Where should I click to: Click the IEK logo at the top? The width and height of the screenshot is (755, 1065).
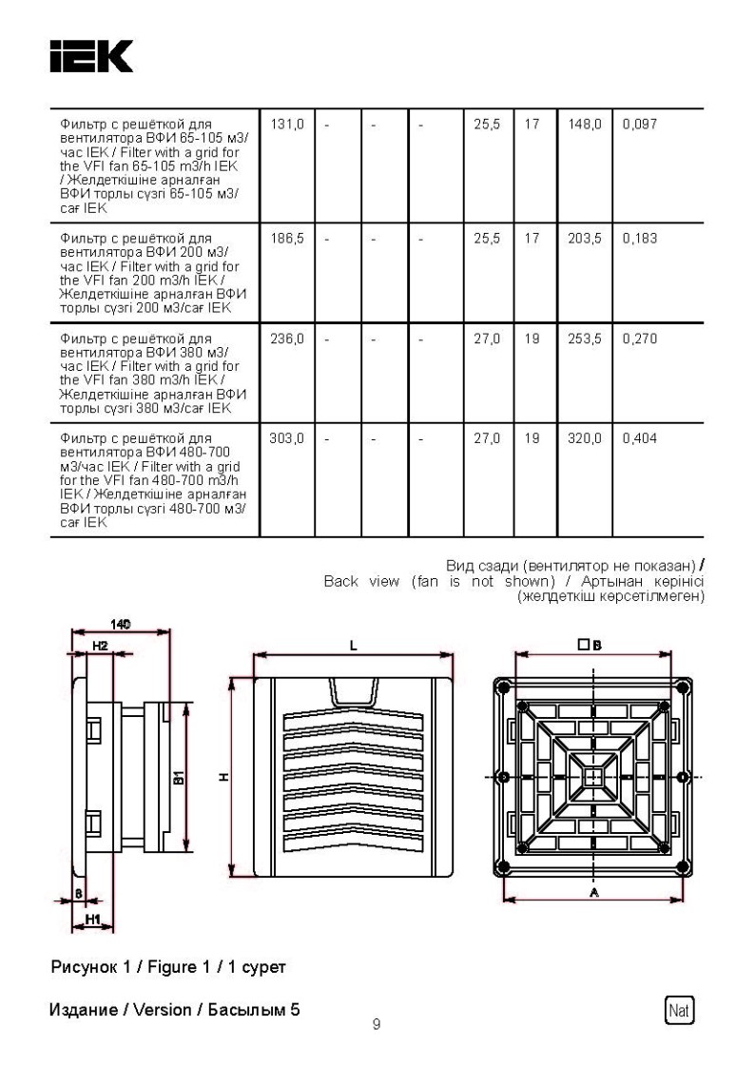tap(91, 56)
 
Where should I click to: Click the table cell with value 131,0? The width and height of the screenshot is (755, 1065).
tap(286, 125)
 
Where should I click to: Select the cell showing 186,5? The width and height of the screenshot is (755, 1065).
tap(286, 237)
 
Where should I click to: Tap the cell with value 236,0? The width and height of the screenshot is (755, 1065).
tap(286, 339)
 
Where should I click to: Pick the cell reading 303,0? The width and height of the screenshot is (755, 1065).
tap(286, 438)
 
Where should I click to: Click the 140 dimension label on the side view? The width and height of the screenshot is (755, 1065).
tap(121, 624)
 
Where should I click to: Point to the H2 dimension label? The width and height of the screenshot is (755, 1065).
tap(100, 646)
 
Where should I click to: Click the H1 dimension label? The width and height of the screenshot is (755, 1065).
tap(93, 919)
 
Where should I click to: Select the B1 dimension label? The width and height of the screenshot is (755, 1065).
tap(178, 777)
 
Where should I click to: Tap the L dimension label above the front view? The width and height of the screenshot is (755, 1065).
tap(353, 645)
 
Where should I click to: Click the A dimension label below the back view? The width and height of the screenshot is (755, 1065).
tap(594, 893)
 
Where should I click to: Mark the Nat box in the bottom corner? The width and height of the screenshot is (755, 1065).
tap(679, 1008)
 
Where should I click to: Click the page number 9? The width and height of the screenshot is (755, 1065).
tap(377, 1024)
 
